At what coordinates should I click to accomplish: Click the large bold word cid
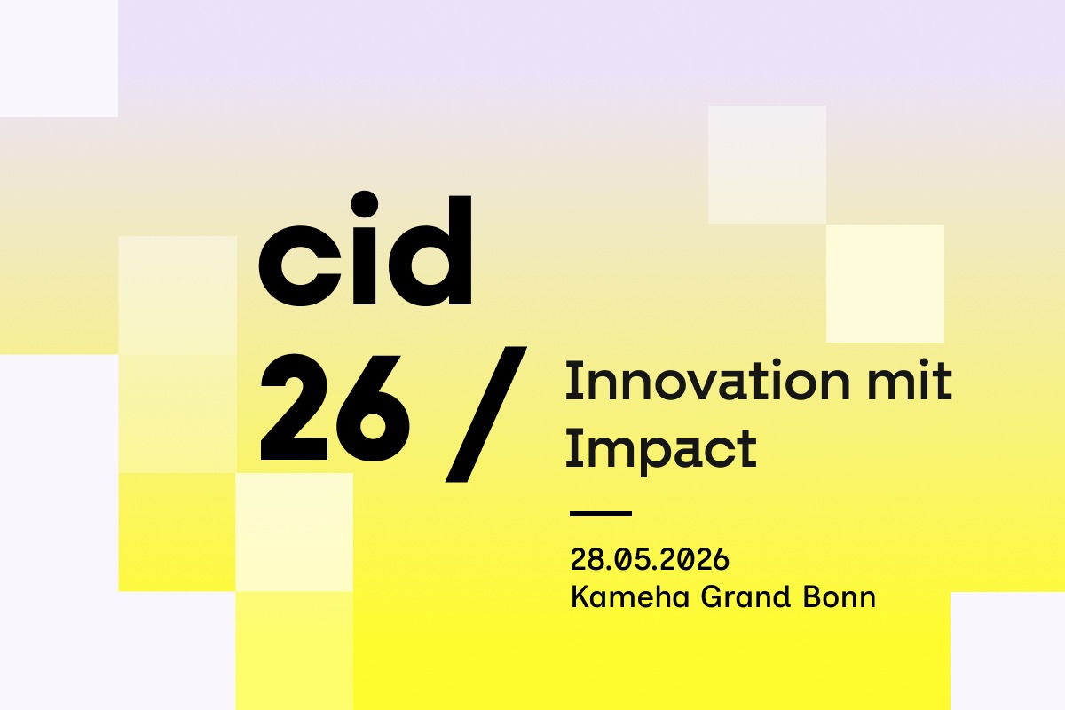pos(365,248)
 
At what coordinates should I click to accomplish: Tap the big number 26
pos(335,408)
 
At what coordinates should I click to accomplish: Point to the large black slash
pos(486,414)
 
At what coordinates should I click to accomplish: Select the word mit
pos(910,381)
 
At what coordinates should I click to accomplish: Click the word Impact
pos(661,450)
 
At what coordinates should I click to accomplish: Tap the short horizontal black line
pos(601,513)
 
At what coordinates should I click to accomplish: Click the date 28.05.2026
pos(650,559)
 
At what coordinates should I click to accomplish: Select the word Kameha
pos(630,596)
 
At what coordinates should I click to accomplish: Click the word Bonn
pos(840,596)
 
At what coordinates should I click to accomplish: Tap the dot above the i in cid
pos(365,204)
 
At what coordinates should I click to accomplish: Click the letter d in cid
pos(430,250)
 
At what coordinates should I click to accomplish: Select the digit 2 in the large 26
pos(295,407)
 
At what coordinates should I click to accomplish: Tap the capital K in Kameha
pos(581,596)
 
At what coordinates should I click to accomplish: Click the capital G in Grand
pos(712,596)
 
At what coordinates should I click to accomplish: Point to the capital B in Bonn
pos(813,596)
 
